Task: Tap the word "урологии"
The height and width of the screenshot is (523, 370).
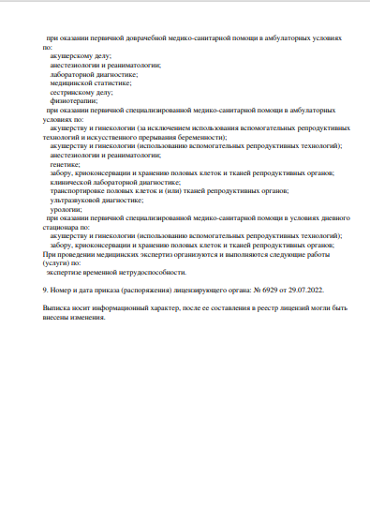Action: pos(67,211)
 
